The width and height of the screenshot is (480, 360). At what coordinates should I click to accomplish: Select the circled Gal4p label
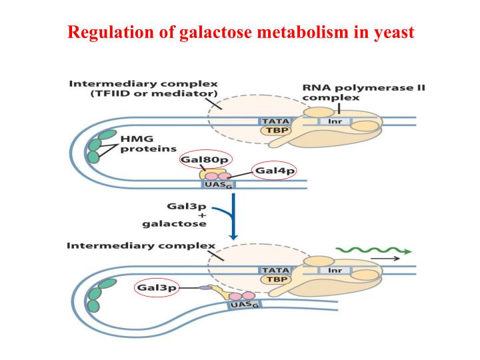(x=275, y=171)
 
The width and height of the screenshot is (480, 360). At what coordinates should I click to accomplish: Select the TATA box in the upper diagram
(x=273, y=122)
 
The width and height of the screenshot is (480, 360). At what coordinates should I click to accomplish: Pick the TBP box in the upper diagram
(x=273, y=131)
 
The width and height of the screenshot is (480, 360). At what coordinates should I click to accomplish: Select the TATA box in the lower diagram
(x=274, y=271)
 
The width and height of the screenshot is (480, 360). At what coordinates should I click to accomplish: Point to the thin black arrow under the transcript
(x=386, y=258)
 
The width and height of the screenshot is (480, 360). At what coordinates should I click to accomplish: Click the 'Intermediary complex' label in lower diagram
(x=141, y=246)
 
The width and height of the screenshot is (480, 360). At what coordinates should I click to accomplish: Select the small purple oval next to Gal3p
(x=204, y=288)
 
